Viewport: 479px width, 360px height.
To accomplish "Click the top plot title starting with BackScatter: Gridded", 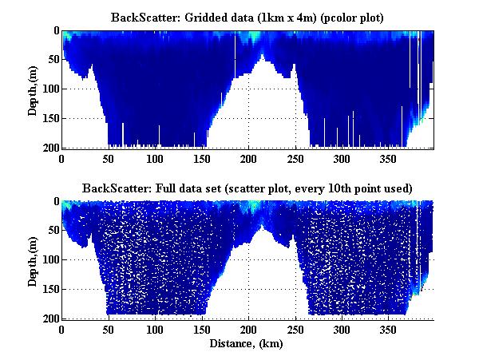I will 247,16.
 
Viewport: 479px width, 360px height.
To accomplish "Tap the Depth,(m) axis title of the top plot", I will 33,89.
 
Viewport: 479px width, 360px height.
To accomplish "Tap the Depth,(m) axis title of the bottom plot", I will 33,260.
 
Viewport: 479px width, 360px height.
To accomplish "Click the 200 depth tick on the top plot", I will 49,148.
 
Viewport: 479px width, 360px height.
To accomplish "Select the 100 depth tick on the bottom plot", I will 49,260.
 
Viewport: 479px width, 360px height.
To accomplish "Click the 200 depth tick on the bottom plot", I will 49,318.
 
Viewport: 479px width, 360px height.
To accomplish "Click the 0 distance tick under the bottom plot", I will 61,330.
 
